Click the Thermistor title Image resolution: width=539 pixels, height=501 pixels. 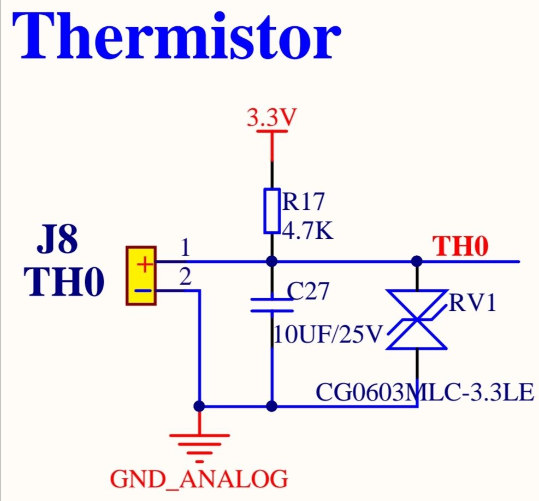pos(177,36)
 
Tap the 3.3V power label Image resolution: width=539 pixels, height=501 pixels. pos(271,117)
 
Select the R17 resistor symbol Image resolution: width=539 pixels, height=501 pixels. pos(271,210)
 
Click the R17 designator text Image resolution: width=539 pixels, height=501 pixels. pos(303,201)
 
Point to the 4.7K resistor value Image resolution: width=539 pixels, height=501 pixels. pos(307,230)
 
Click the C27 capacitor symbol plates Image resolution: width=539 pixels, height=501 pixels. pos(272,305)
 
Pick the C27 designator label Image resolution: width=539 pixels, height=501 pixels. pos(308,291)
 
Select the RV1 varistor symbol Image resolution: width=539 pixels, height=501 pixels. pos(417,320)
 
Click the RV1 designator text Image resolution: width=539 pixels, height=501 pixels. pos(472,303)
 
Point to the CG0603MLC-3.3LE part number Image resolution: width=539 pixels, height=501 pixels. pos(425,392)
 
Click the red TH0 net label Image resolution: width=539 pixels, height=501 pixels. pos(460,246)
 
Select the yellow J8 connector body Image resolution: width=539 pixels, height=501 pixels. pos(141,276)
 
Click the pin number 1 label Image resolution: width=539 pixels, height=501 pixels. pos(185,247)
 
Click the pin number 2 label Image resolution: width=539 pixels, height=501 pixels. pos(185,277)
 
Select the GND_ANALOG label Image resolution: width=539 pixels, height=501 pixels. pos(199,479)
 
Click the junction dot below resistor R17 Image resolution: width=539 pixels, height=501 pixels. pos(271,261)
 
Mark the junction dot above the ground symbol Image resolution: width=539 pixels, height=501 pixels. pos(199,406)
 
